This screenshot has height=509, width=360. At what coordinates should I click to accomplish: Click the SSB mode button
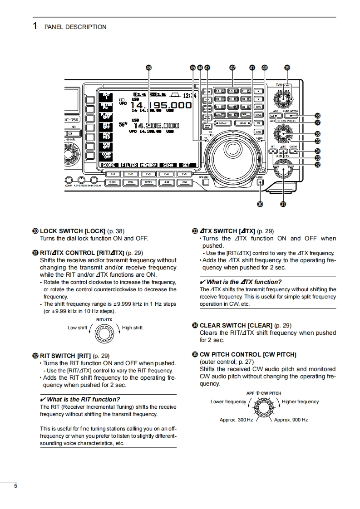112,182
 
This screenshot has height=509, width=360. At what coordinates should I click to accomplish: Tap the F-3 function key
148,174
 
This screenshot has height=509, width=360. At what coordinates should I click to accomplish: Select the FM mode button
184,182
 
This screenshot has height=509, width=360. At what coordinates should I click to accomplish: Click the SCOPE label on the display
109,165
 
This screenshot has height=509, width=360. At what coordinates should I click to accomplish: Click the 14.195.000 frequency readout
161,105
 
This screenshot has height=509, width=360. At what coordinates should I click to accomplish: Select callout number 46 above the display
148,68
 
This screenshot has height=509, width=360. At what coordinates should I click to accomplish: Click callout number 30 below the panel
260,204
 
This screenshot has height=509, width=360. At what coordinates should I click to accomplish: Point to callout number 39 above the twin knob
287,68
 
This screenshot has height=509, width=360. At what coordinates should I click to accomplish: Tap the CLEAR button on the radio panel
293,152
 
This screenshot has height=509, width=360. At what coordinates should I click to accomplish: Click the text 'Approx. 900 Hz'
291,420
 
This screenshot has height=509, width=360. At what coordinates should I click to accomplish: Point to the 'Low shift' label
77,328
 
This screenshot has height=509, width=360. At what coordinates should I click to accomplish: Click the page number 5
16,486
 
